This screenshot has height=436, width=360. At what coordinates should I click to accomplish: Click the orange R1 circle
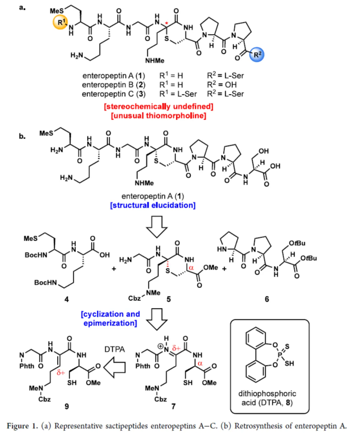(x=61, y=24)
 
